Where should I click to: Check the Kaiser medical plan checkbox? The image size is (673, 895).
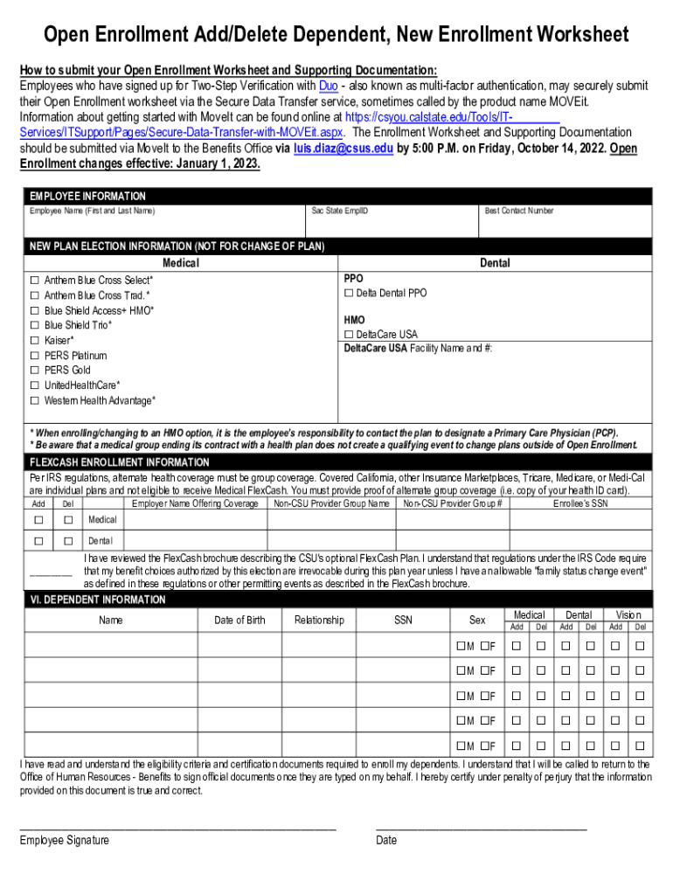pos(35,340)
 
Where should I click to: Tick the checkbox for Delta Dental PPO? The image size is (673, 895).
pos(349,294)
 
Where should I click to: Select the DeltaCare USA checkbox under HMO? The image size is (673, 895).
pos(349,335)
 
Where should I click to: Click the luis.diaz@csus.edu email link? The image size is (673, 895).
pos(343,149)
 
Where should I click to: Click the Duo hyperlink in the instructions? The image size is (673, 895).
pos(329,86)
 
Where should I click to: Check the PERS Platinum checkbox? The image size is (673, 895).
pos(35,356)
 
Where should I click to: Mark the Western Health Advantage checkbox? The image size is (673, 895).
pos(35,400)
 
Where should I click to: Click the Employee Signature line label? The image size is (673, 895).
pos(64,840)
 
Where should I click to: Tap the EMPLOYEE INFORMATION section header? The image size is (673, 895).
pos(87,197)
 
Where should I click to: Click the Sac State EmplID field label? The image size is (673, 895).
pos(340,212)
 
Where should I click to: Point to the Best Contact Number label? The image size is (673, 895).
pos(518,212)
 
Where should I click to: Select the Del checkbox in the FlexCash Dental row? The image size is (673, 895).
pos(67,541)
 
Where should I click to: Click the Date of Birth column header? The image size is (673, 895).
pos(239,621)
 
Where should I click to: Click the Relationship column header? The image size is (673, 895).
pos(319,621)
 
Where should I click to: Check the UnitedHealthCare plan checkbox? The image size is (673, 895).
pos(35,385)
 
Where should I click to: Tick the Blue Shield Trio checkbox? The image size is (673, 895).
pos(35,325)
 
